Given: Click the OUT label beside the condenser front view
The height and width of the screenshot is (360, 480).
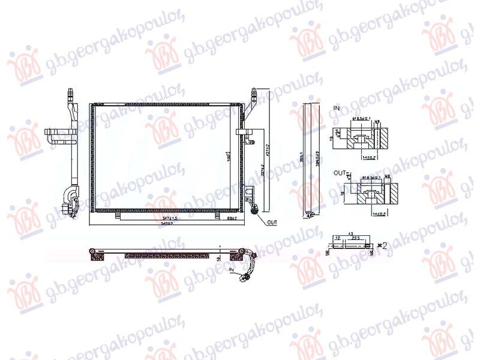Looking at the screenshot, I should coord(272,222).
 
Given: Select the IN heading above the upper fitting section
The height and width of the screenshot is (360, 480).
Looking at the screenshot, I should coord(336,108).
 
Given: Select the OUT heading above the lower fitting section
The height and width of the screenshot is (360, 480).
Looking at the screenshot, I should coord(338,172).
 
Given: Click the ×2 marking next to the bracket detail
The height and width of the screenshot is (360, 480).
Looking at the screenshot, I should coord(383,245).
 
